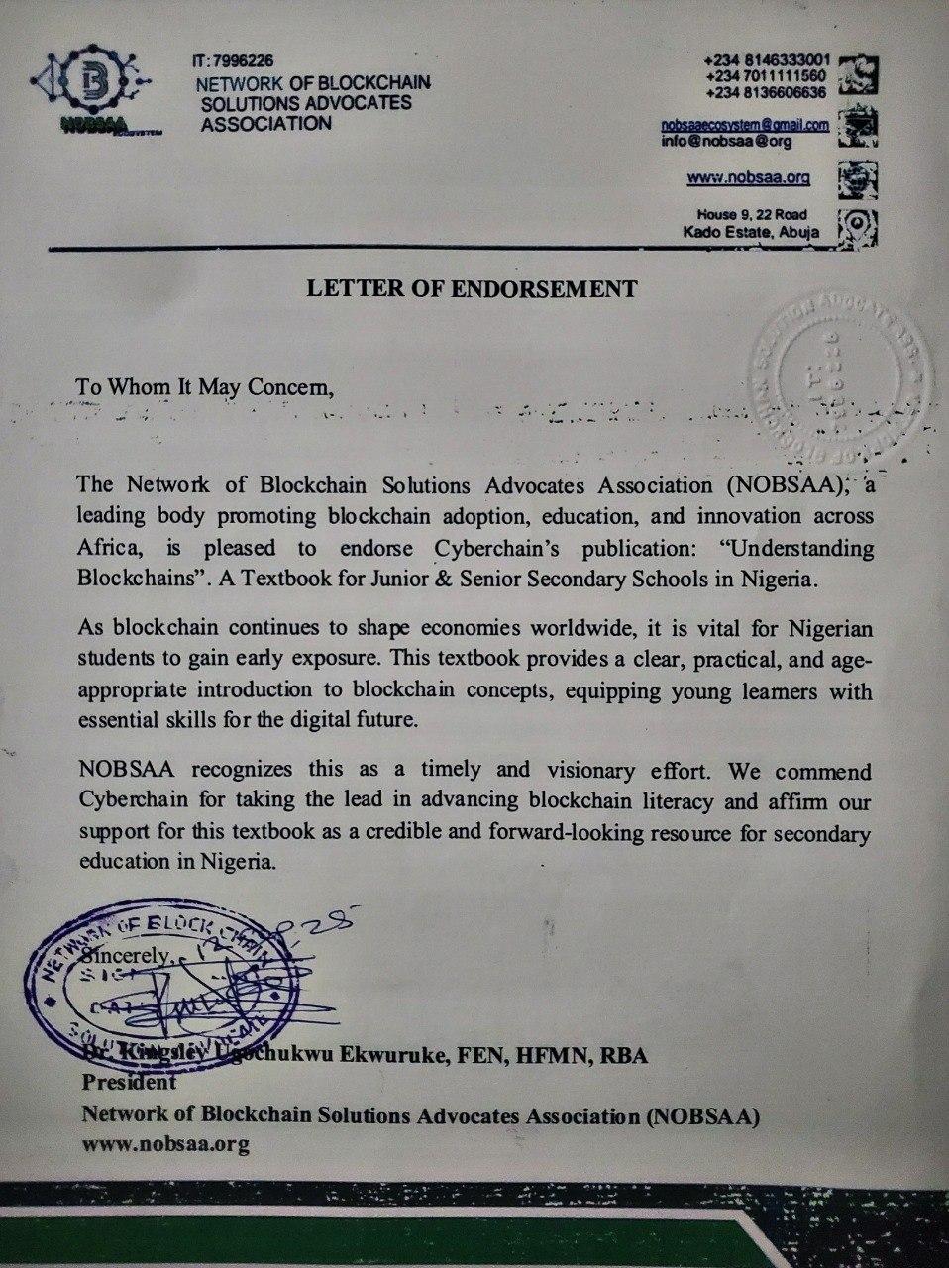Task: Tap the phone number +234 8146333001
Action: tap(767, 60)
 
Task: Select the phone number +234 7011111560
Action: tap(767, 76)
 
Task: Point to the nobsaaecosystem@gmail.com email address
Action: tap(745, 125)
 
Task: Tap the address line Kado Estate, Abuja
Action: tap(744, 232)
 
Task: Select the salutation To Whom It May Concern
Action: tap(207, 386)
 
